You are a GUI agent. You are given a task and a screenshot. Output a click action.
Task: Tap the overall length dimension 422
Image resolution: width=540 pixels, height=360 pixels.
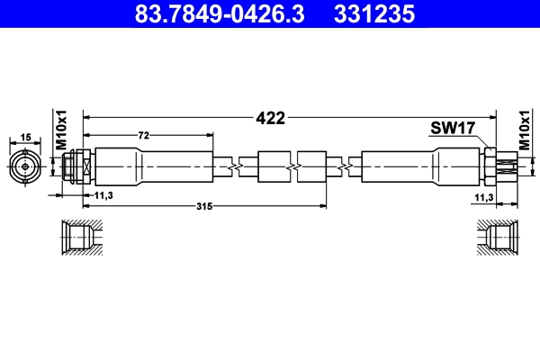click(x=270, y=118)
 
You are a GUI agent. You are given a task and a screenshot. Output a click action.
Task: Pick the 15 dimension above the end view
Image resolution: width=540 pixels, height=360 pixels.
click(x=25, y=136)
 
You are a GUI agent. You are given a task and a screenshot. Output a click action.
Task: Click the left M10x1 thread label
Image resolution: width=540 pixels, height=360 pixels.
click(x=62, y=131)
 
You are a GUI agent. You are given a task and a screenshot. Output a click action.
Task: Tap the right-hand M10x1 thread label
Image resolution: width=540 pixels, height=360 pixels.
click(x=525, y=131)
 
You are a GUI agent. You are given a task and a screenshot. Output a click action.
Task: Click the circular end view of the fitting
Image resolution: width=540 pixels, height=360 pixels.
click(x=25, y=166)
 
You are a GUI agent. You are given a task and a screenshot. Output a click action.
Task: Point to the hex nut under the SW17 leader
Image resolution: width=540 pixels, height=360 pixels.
click(x=490, y=166)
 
